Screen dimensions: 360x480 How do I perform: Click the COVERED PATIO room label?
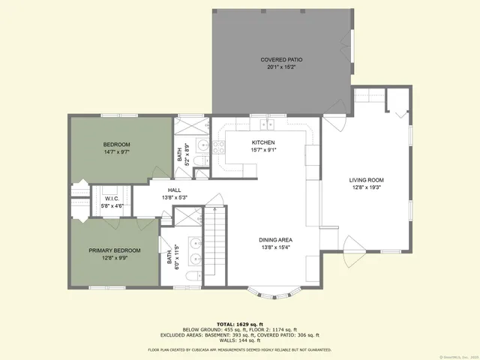coord(281,59)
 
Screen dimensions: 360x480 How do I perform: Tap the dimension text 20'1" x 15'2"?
coord(281,67)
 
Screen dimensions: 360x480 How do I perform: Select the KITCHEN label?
coord(263,142)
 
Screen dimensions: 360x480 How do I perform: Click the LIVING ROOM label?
coord(366,180)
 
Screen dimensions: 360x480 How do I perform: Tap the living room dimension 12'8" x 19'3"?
coord(366,187)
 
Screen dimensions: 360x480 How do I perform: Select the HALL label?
coord(174,190)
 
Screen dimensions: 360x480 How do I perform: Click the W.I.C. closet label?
coord(112,199)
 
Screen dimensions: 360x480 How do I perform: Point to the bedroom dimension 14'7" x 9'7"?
coord(117,152)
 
